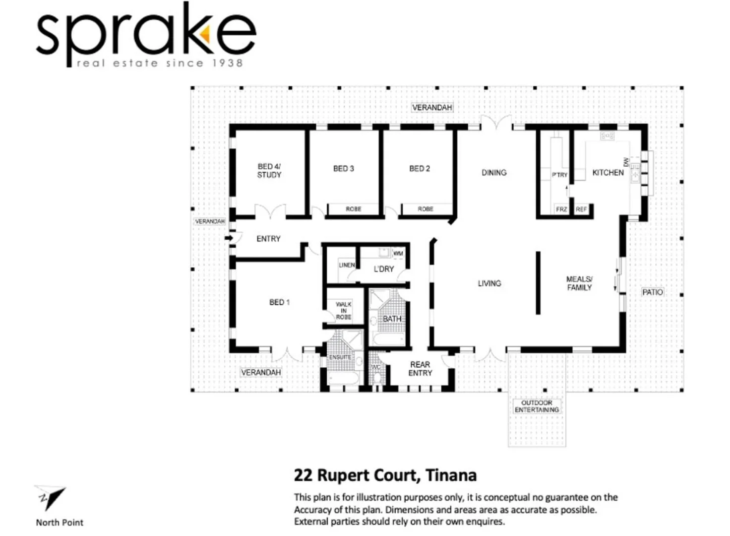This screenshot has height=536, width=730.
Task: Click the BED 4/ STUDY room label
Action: coord(269,171)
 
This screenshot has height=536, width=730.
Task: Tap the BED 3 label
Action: coord(343,169)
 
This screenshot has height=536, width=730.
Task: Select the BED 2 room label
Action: coord(420,169)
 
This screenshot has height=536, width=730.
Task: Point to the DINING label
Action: coord(494,173)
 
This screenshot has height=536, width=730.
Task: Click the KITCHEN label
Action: coord(608,173)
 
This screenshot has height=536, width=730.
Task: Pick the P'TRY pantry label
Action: coord(559,175)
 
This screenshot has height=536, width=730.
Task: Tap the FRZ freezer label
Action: coord(561,209)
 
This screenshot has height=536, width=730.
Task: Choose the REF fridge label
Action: coord(581,209)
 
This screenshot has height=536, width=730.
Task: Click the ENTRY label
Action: coord(268,239)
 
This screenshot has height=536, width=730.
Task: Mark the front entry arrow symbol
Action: coord(229,238)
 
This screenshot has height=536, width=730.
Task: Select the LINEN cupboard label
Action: coord(347,265)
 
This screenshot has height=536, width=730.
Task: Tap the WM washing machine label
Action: coord(398,254)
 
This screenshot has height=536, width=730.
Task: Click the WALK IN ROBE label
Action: coord(343,311)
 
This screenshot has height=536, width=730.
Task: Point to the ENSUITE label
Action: coord(340,357)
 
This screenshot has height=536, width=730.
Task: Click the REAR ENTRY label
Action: coord(420,369)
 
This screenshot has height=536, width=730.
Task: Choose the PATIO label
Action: coord(652,292)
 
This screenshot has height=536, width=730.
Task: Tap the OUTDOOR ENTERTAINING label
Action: coord(537,406)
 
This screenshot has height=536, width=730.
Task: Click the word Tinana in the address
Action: coord(451,475)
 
